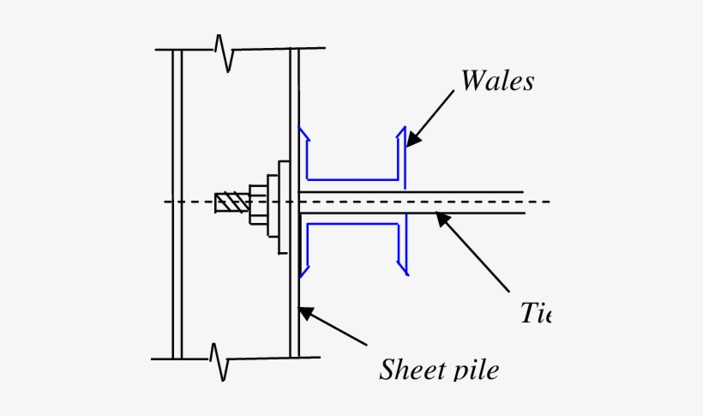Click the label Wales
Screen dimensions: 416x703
[497, 81]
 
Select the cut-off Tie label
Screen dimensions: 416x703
[534, 314]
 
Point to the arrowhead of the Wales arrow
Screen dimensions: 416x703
[410, 142]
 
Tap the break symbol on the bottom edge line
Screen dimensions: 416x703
[220, 359]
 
